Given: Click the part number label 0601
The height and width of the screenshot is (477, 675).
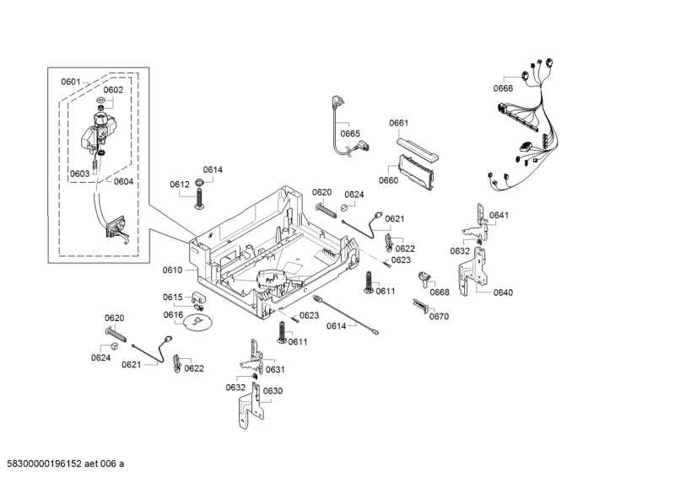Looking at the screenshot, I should point(70,82).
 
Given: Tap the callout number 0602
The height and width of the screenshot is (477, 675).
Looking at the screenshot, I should point(113,90).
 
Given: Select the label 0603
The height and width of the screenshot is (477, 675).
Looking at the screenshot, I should point(79,174).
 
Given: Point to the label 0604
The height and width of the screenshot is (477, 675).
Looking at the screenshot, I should point(123,181).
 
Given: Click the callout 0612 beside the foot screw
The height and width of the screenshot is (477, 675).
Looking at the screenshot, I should point(179,185).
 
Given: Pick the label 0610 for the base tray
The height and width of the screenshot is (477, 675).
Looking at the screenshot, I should point(172,271).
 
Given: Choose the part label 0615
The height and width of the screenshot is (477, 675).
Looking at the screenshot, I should point(173,297).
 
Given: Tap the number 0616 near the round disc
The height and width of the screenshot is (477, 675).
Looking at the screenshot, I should point(173,314).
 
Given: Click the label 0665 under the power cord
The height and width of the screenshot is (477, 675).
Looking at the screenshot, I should point(350,133).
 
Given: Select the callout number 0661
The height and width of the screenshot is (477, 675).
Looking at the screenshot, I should point(398,123).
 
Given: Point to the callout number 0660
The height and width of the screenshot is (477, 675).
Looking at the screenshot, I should point(388,180).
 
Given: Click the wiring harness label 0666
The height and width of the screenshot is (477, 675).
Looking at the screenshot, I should point(504,88).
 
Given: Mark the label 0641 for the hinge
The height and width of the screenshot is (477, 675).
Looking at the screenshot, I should point(499,216).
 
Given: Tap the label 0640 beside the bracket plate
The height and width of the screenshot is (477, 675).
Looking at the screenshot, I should point(503,293).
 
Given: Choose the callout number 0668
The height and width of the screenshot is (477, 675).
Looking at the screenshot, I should point(439,293).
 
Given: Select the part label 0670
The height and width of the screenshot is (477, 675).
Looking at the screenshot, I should point(439,317).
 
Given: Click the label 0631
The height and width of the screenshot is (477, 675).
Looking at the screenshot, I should point(275,370).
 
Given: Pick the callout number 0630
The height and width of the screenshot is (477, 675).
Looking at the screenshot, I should point(273,391).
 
